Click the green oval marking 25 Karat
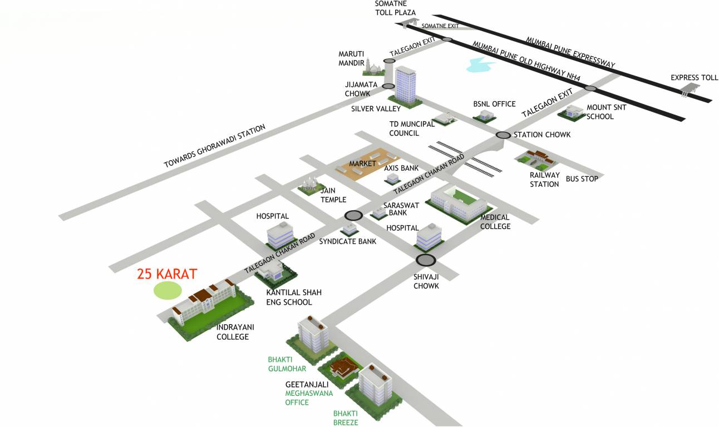168,290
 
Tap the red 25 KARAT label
167,274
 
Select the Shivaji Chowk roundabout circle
426,260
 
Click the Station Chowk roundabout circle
503,135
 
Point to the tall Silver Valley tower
405,85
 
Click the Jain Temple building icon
309,183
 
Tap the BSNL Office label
494,104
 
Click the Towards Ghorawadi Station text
214,146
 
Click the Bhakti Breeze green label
346,418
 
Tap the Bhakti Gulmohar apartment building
314,334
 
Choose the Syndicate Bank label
347,241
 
